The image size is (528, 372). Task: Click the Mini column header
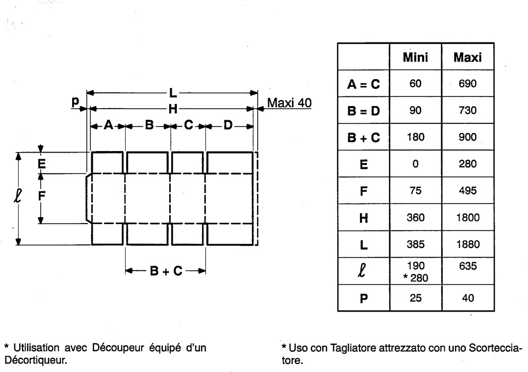coord(416,57)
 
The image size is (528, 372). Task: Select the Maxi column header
coord(467,57)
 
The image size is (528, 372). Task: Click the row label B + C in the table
coord(363,137)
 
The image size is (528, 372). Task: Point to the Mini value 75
coord(416,191)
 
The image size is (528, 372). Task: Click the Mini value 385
coord(416,245)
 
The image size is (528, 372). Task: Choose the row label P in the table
coord(363,298)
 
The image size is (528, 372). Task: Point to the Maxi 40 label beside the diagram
coord(289,102)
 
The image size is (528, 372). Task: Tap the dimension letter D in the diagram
coord(228,126)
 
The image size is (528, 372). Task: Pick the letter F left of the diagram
coord(41,194)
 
